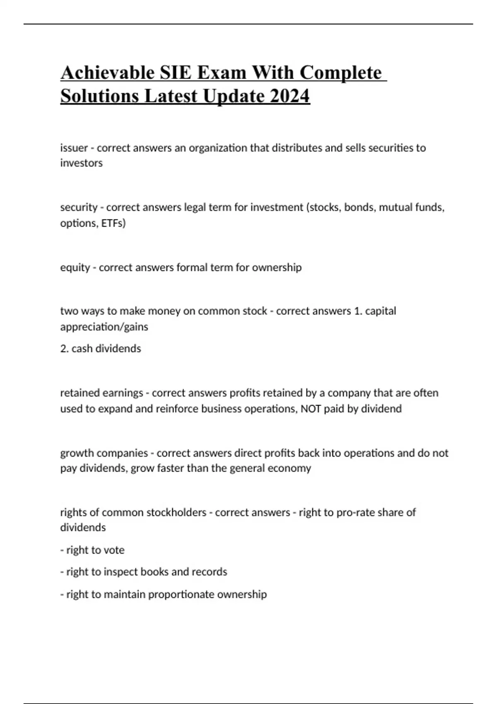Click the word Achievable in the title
click(107, 72)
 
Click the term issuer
click(74, 148)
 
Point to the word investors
click(81, 163)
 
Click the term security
click(79, 207)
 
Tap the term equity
click(75, 268)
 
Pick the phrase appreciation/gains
click(104, 327)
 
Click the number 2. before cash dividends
click(64, 349)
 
